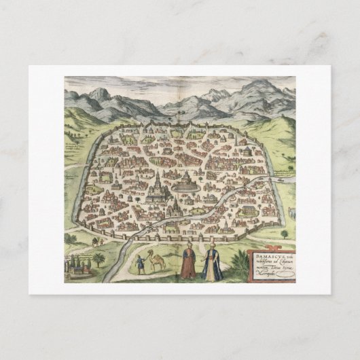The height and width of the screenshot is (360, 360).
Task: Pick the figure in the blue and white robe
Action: tap(212, 265)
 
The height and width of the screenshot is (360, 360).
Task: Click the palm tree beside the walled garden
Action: tap(100, 260)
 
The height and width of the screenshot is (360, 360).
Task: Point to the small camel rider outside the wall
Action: tap(96, 240)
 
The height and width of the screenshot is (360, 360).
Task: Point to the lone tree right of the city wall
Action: tap(284, 234)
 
